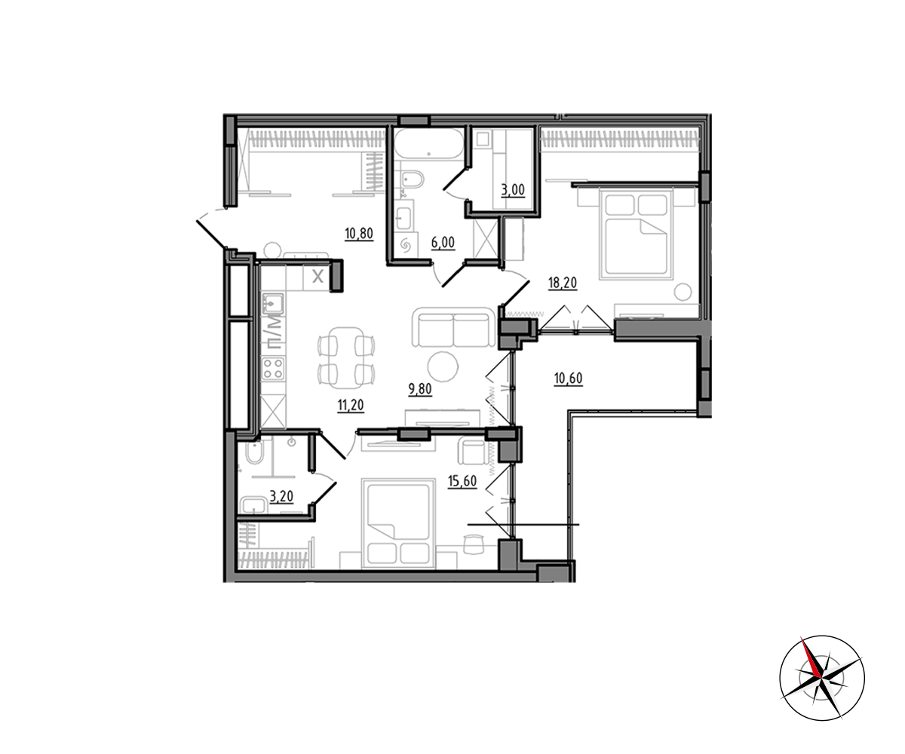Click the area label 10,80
coord(359,234)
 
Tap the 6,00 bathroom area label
coord(443,242)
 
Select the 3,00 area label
coord(513,190)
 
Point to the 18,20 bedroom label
coord(563,283)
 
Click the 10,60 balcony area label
coord(568,379)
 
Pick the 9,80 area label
coord(420,389)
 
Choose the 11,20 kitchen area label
coord(351,405)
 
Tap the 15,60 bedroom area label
coord(462,481)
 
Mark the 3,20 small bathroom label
coord(281,496)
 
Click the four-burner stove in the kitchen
coord(273,369)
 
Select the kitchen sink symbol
coord(272,304)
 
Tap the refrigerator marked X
coord(318,277)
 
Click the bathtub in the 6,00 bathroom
coord(428,144)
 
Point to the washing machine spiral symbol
coord(406,247)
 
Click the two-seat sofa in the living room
coord(454,327)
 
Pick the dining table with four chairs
coord(346,358)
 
